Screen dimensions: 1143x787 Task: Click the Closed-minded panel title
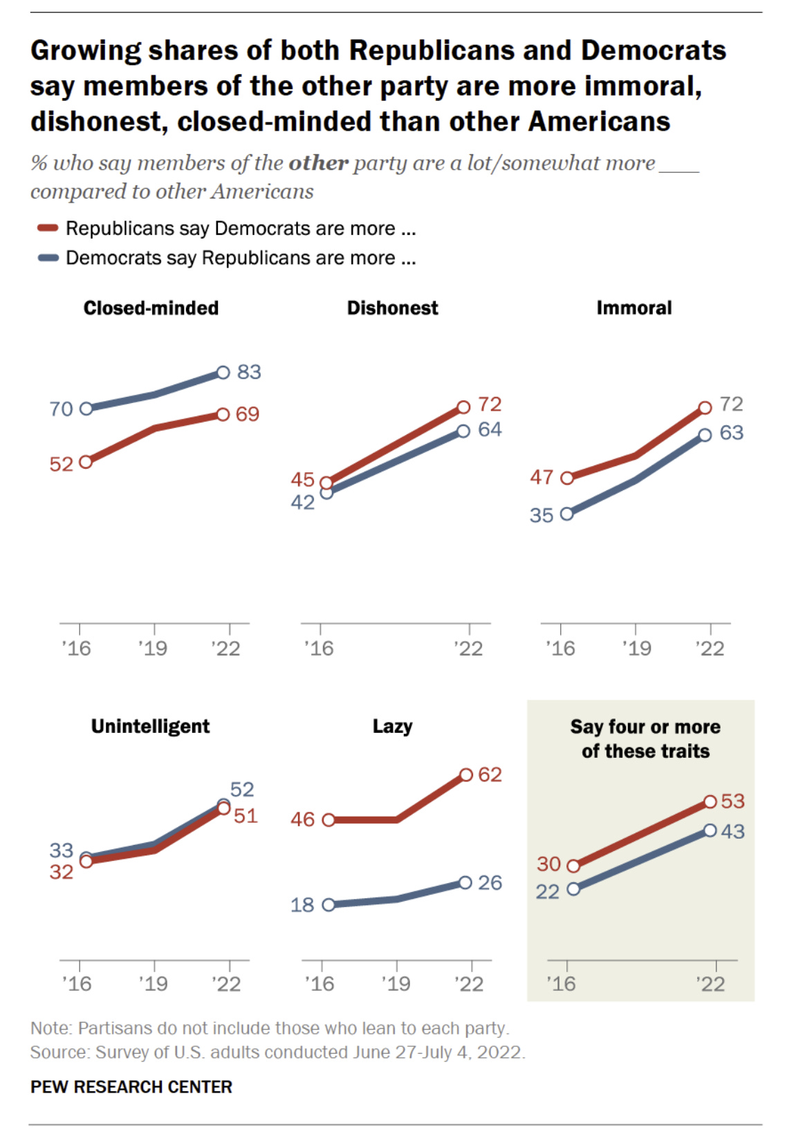[x=151, y=308]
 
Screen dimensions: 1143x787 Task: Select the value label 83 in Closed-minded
[x=249, y=372]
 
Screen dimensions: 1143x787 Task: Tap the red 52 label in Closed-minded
[x=61, y=464]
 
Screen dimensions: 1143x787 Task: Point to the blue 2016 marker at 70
[x=86, y=409]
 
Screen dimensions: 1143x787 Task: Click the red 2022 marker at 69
[x=223, y=415]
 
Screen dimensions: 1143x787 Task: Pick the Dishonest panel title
[x=392, y=308]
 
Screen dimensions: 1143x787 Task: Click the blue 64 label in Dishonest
[x=490, y=429]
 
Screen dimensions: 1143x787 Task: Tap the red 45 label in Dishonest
[x=302, y=479]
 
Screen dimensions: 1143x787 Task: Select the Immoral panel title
[x=633, y=308]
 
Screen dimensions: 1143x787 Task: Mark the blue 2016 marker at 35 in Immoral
[x=567, y=514]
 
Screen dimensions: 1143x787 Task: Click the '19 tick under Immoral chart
[x=636, y=648]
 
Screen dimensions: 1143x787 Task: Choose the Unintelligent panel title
[x=150, y=726]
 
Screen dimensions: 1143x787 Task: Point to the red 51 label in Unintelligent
[x=246, y=816]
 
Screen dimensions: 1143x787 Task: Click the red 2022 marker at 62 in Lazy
[x=466, y=775]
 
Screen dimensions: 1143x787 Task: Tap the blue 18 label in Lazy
[x=302, y=904]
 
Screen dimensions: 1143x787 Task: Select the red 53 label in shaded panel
[x=732, y=801]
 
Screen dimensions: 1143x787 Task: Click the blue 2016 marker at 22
[x=573, y=889]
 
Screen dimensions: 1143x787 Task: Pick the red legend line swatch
[x=48, y=227]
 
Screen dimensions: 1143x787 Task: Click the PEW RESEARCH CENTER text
[x=131, y=1087]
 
